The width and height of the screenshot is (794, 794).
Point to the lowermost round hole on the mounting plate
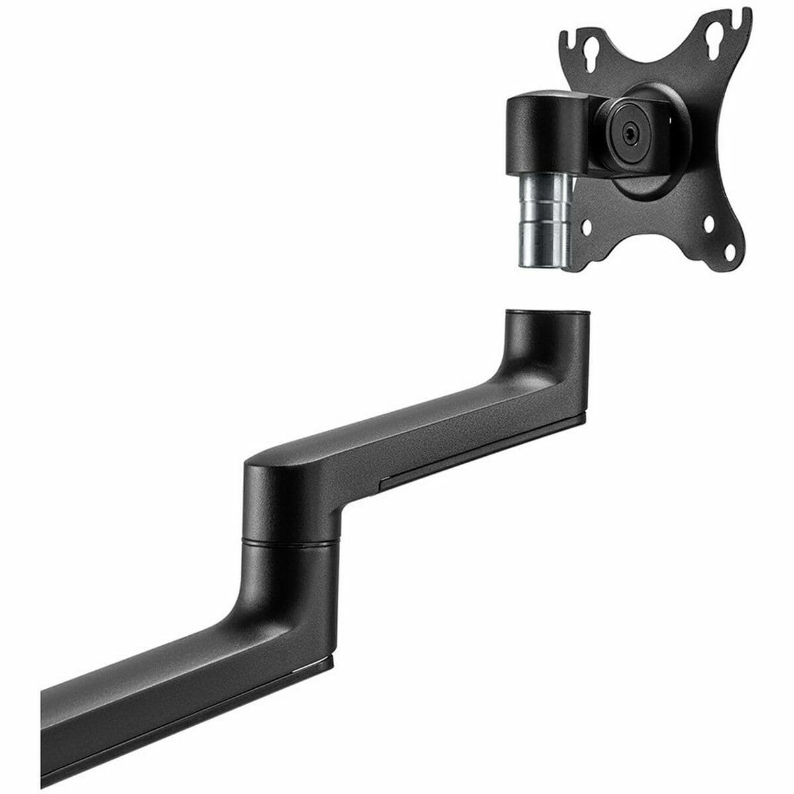pyautogui.click(x=730, y=252)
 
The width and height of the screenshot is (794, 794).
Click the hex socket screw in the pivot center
pyautogui.click(x=629, y=130)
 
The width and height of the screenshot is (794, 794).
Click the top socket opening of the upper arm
pyautogui.click(x=547, y=312)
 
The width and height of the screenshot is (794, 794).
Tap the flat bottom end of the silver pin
pyautogui.click(x=541, y=267)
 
